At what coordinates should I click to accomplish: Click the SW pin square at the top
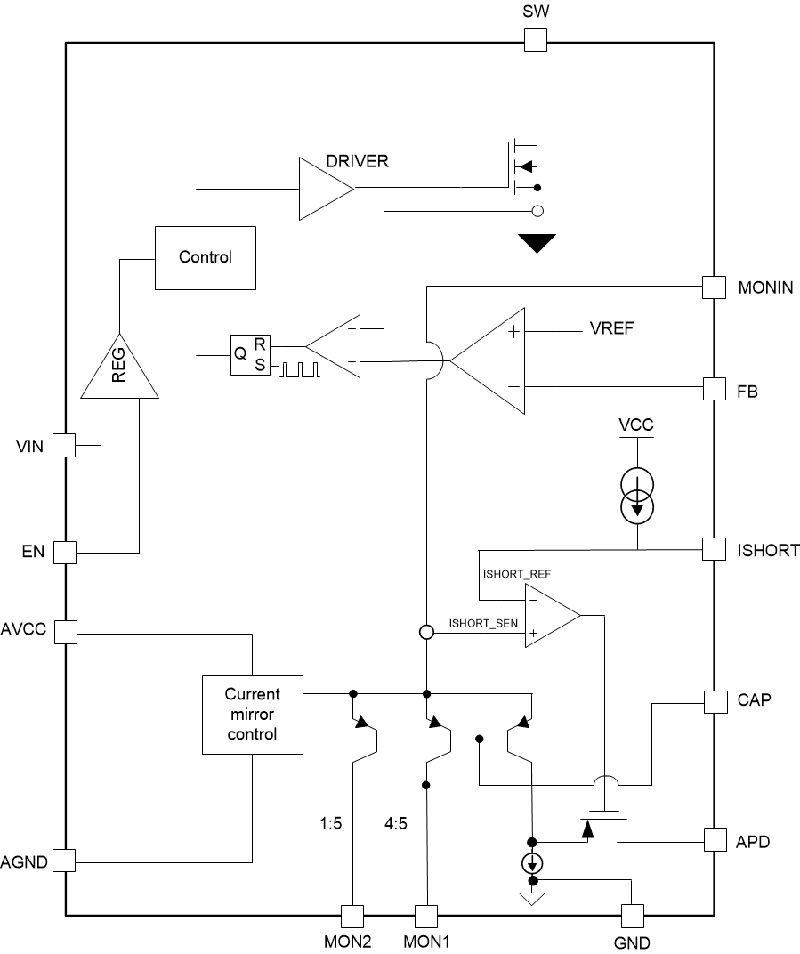[x=534, y=40]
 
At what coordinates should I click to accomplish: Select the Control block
[x=206, y=257]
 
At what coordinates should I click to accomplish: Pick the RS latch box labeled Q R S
[x=251, y=355]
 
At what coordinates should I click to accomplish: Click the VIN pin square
[x=65, y=445]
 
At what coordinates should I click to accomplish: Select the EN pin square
[x=65, y=552]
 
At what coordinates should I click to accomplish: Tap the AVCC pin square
[x=65, y=633]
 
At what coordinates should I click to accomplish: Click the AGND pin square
[x=65, y=861]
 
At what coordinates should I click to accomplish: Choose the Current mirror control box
[x=252, y=715]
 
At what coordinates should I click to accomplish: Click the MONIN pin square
[x=714, y=287]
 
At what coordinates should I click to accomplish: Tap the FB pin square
[x=714, y=389]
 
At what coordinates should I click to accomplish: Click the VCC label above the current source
[x=635, y=424]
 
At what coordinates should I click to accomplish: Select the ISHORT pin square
[x=714, y=549]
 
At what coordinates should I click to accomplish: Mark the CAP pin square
[x=714, y=701]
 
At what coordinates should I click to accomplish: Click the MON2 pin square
[x=352, y=916]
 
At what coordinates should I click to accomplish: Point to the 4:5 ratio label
[x=396, y=824]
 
